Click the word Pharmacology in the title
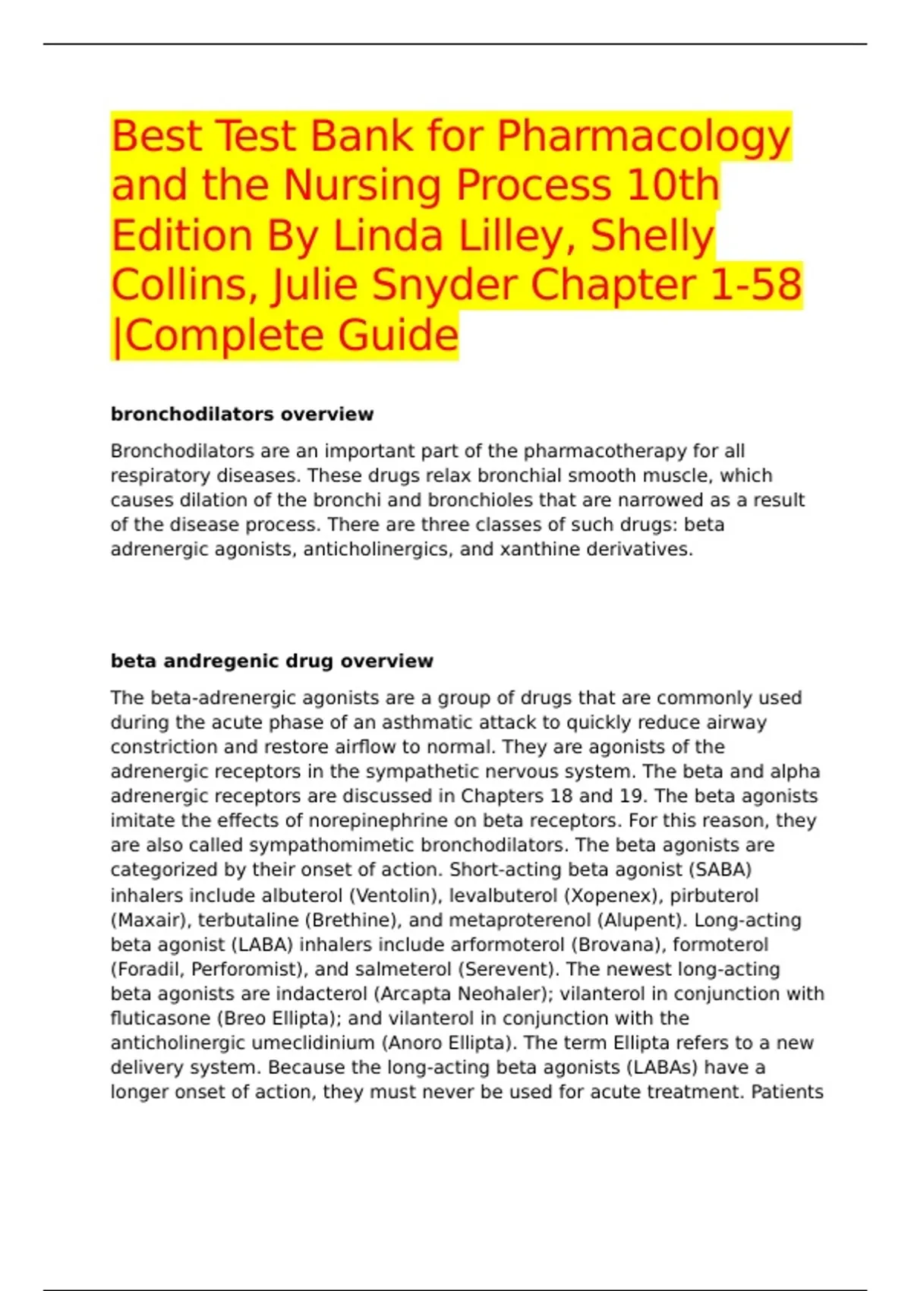click(644, 137)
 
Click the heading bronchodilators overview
click(242, 414)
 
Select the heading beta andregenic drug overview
click(272, 661)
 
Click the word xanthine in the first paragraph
click(540, 549)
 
